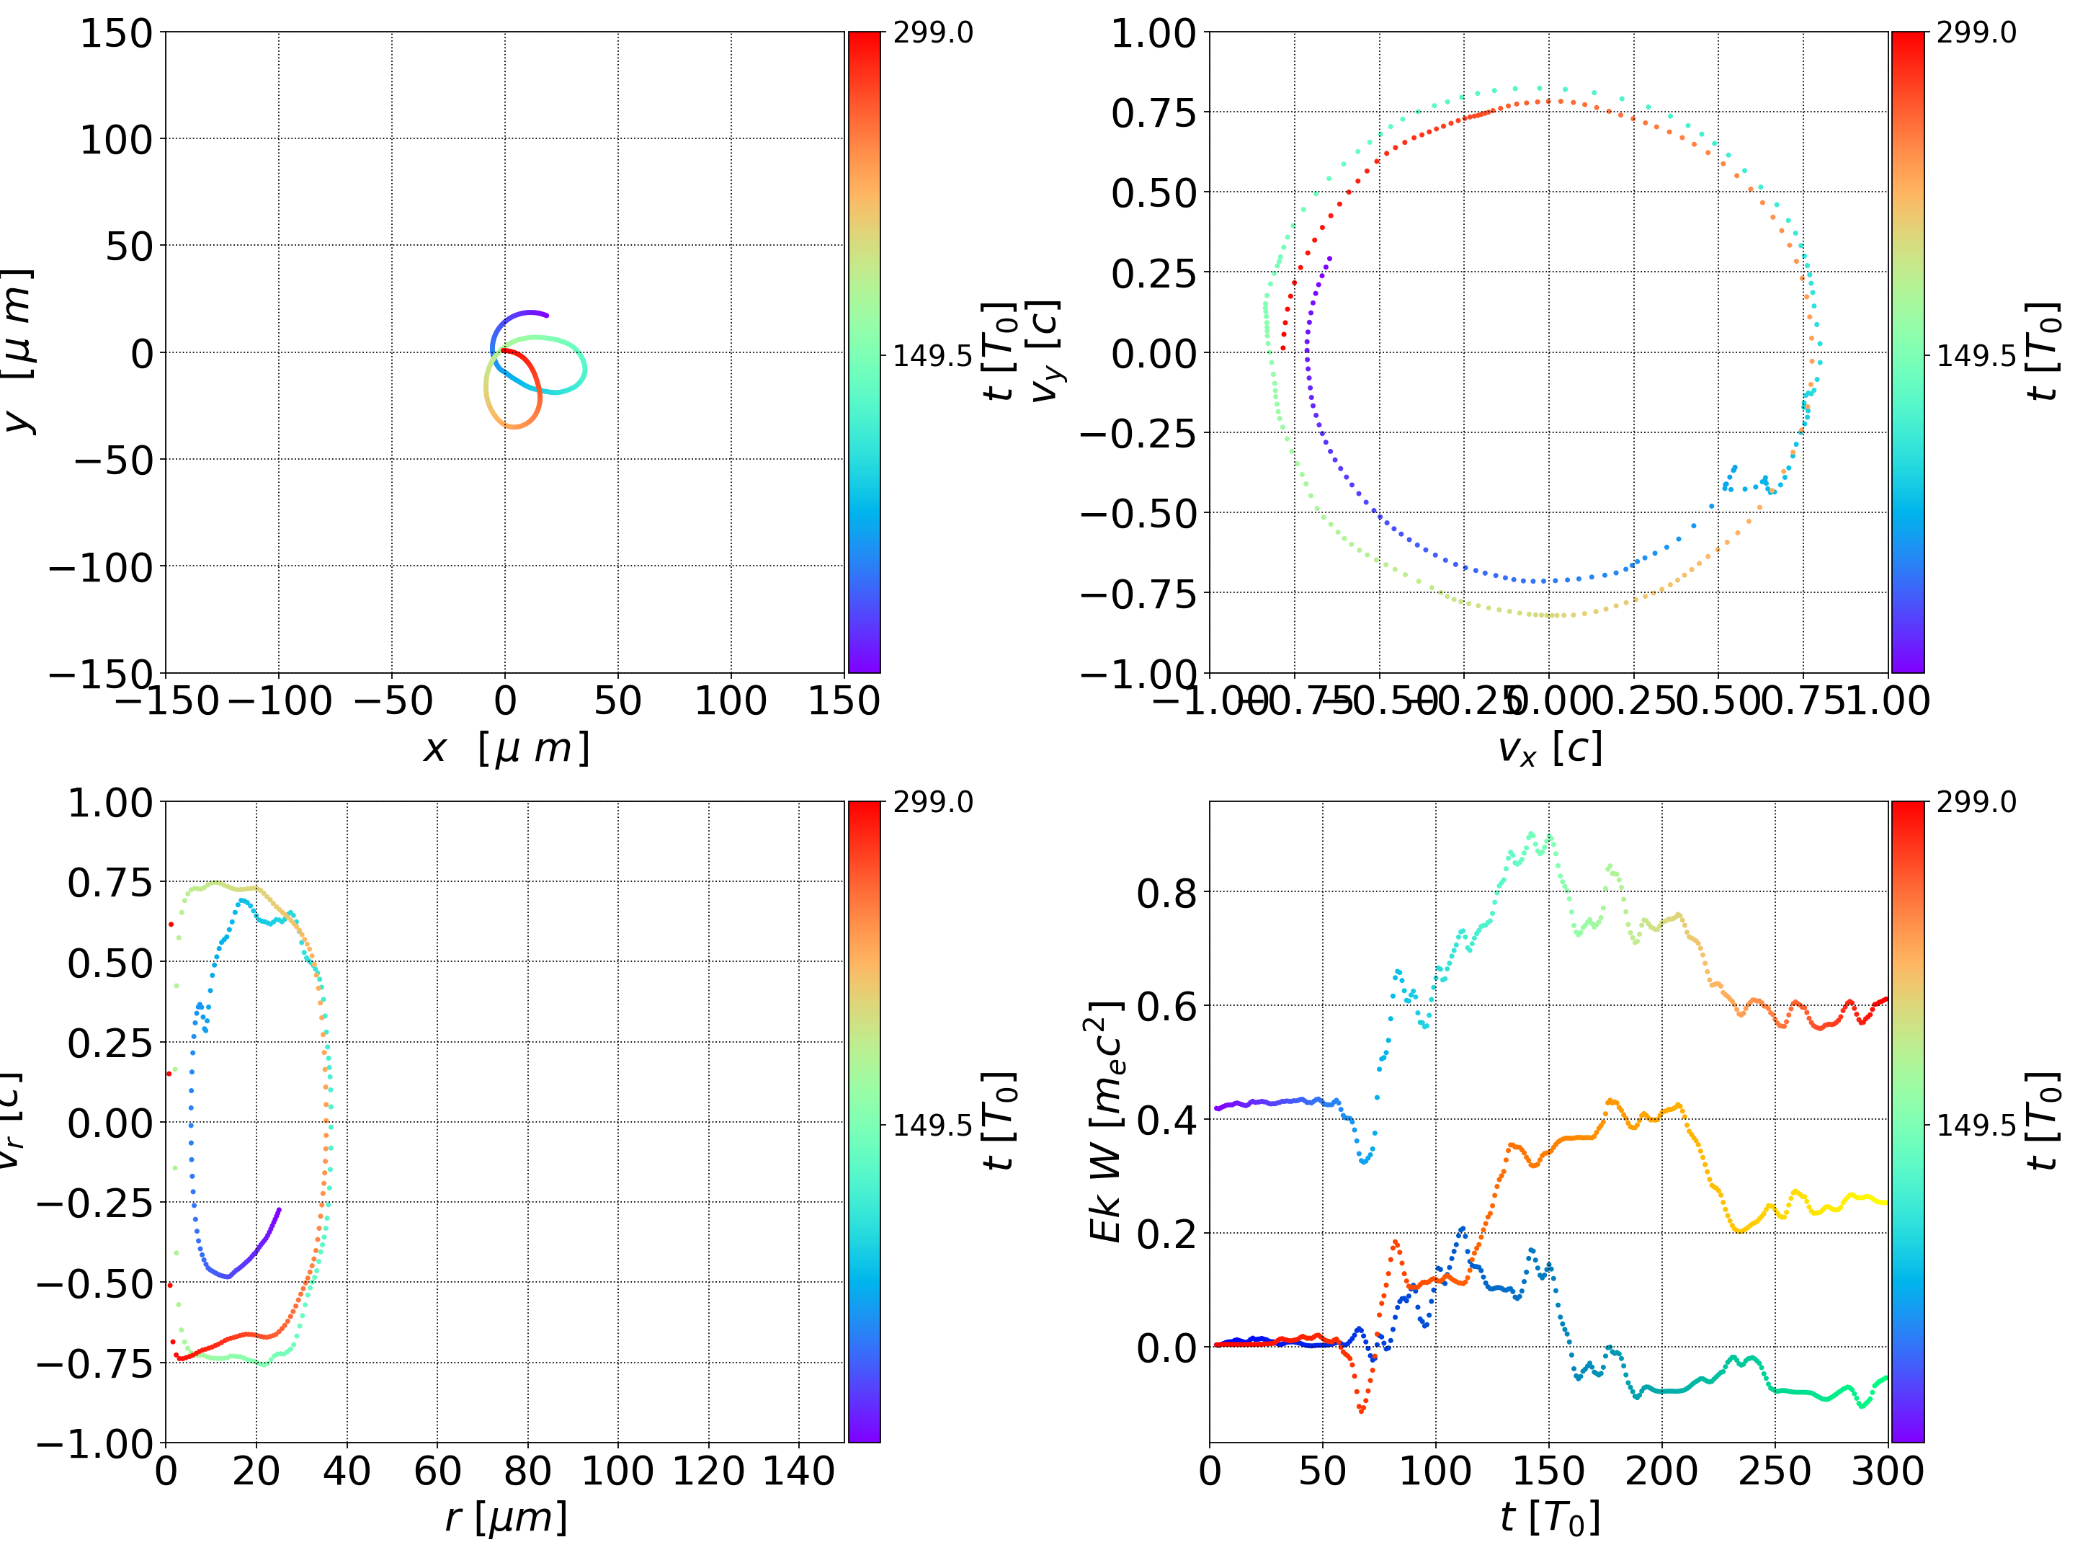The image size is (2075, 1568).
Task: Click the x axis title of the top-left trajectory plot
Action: (506, 748)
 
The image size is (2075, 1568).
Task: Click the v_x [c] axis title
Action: (1550, 748)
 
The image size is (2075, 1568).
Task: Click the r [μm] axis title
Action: (506, 1518)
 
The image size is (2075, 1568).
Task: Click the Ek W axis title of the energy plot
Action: (1107, 1121)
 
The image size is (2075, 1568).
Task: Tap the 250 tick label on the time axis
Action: (1775, 1471)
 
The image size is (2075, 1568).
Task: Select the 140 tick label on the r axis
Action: (798, 1471)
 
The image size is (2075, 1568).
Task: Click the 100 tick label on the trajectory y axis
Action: (115, 140)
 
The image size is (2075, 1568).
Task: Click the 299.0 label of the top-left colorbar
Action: (932, 33)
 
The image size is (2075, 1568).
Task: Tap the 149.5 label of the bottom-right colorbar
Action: (1976, 1125)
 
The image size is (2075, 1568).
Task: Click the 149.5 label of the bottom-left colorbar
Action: (932, 1125)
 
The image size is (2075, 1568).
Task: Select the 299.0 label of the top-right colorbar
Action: (1976, 33)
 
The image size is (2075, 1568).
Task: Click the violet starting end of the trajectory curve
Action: (546, 316)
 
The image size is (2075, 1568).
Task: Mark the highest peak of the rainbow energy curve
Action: (1531, 833)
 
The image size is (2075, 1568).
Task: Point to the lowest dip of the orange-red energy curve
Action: (1361, 1410)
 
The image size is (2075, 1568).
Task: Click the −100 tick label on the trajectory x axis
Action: (280, 701)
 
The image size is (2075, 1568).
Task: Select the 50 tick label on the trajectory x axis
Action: (618, 701)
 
